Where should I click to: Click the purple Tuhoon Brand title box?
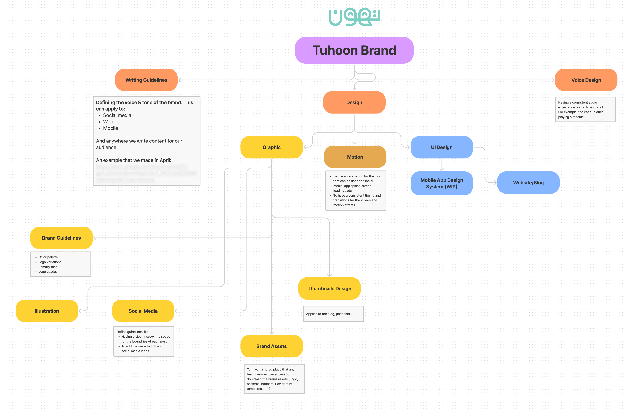point(354,50)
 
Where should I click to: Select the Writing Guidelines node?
point(146,80)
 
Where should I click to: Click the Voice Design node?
point(586,80)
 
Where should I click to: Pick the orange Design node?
point(354,102)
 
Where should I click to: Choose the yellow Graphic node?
point(271,147)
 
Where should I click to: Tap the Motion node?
point(355,157)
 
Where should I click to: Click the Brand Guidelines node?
point(61,238)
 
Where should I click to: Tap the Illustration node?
point(47,311)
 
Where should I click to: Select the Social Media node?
point(143,311)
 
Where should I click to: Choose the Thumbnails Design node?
point(329,289)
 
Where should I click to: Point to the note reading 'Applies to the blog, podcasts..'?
point(329,314)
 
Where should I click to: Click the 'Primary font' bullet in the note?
point(48,267)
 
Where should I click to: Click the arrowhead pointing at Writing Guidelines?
point(180,80)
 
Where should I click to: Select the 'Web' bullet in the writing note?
point(108,122)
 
